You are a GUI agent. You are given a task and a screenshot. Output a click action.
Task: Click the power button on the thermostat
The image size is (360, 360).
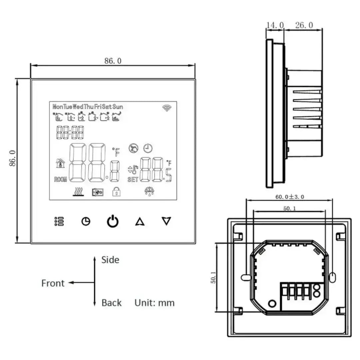coord(113,221)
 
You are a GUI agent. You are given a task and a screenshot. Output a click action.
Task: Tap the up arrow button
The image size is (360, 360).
coord(140,221)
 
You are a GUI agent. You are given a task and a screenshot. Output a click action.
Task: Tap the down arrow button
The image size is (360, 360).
coord(166,221)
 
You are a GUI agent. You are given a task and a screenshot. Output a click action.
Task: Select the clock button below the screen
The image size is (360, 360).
coord(86,221)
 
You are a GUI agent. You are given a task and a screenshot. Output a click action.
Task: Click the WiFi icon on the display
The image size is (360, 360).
coord(166,107)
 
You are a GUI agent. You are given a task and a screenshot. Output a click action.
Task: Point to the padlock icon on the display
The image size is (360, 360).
coord(116,191)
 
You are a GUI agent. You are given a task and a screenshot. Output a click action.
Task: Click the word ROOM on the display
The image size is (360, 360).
coord(60,180)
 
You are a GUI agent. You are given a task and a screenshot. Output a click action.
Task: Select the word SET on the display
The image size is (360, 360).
coord(133,180)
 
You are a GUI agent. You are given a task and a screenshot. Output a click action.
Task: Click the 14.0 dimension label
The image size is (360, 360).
coord(275,25)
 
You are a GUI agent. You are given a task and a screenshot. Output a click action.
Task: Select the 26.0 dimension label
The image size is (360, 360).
coord(304,25)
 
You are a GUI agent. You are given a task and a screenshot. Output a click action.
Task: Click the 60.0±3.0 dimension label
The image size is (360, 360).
coord(289,197)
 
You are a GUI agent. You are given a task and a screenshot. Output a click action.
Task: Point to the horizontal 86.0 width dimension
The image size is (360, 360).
coord(113,61)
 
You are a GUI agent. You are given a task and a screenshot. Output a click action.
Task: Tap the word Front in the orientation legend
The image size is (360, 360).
coord(53,283)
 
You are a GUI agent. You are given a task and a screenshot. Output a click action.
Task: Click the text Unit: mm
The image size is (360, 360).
coord(154,303)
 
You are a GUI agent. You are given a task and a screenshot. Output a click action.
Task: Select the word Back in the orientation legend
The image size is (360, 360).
coord(111,303)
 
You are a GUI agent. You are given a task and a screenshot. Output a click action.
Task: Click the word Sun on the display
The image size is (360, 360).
coord(118,107)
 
